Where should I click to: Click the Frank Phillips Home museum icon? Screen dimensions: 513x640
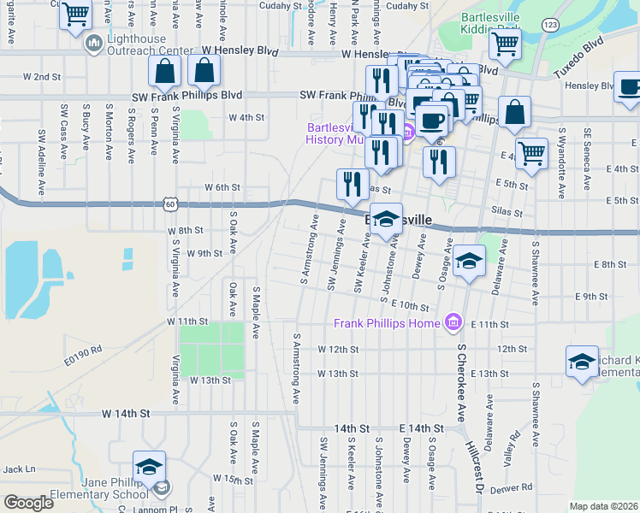453,322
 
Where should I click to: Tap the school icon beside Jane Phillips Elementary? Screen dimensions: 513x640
149,467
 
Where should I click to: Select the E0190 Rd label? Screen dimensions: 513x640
84,349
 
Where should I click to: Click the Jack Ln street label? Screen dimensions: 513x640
19,469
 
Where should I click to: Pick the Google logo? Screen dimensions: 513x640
28,503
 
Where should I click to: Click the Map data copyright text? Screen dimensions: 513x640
603,506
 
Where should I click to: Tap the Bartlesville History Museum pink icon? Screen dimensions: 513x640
408,132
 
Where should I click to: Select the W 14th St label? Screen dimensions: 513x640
125,413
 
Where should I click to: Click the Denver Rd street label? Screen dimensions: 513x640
513,487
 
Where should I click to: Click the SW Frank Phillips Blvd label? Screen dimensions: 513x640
187,95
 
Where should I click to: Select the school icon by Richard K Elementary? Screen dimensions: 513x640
582,361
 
